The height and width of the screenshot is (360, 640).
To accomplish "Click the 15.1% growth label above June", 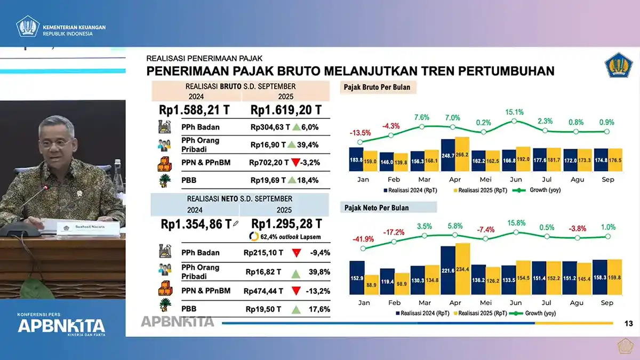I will coord(514,112).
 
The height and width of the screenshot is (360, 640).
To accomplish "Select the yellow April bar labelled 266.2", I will coord(462,154).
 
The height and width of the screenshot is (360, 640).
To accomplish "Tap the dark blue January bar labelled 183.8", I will coord(356,159).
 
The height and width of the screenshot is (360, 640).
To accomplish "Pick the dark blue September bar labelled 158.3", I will coord(600,277).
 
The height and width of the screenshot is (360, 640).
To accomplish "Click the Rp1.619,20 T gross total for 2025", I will coord(286,110).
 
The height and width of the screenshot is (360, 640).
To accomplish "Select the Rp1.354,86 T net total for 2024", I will coord(196,224).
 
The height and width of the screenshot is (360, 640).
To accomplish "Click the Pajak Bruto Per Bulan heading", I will coord(377,87).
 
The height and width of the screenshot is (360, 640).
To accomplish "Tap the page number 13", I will coord(628,323).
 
